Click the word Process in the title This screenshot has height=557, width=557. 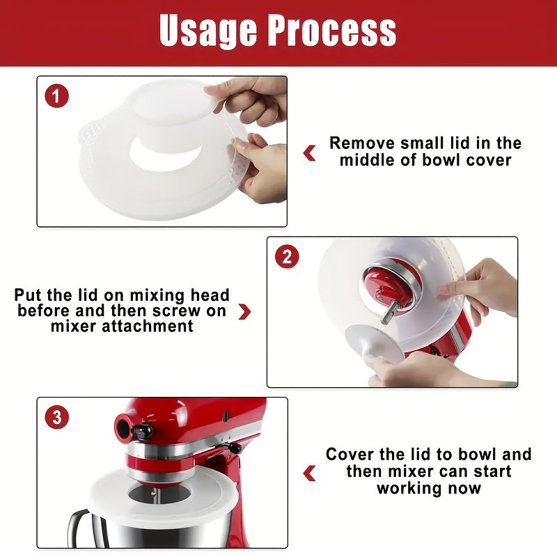click(x=333, y=31)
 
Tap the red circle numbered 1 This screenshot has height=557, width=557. click(x=57, y=95)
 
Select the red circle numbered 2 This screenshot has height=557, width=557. click(x=287, y=256)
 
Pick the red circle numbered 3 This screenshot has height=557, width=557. click(x=57, y=417)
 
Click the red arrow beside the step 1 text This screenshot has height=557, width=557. click(x=310, y=152)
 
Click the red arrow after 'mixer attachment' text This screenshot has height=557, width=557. click(x=244, y=311)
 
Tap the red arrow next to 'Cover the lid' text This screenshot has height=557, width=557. click(x=310, y=473)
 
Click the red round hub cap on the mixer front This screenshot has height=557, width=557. click(x=125, y=425)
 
